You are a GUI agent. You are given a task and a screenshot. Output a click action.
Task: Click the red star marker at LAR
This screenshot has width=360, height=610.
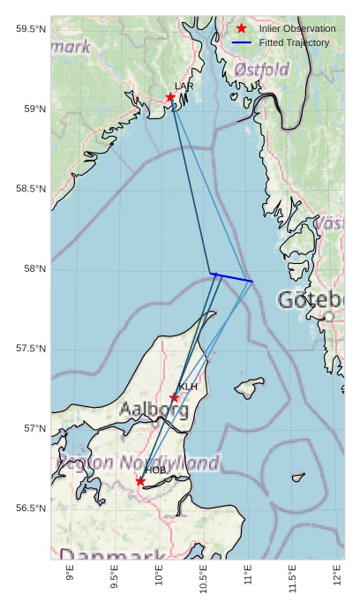pyautogui.click(x=170, y=97)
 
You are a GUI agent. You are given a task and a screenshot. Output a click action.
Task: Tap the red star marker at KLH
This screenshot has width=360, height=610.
pyautogui.click(x=175, y=397)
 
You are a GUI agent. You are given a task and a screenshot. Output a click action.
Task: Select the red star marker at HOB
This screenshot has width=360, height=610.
pyautogui.click(x=140, y=481)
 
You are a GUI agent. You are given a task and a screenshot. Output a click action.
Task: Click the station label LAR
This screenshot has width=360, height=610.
pyautogui.click(x=184, y=87)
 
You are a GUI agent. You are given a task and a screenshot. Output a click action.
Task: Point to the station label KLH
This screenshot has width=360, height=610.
pyautogui.click(x=188, y=387)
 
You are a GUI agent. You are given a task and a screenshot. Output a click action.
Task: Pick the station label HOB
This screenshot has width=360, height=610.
pyautogui.click(x=155, y=471)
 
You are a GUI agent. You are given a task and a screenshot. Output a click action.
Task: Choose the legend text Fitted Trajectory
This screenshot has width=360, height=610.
pyautogui.click(x=294, y=42)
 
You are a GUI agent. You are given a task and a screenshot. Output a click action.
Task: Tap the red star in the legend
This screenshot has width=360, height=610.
pyautogui.click(x=242, y=29)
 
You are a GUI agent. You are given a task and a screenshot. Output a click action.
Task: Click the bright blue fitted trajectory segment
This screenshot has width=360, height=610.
pyautogui.click(x=232, y=277)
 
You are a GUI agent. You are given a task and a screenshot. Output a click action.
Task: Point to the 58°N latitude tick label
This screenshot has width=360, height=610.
pyautogui.click(x=31, y=268)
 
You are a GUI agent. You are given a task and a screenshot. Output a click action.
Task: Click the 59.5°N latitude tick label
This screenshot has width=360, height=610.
pyautogui.click(x=31, y=29)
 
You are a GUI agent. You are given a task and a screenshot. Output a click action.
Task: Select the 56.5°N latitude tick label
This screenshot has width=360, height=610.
pyautogui.click(x=31, y=508)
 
